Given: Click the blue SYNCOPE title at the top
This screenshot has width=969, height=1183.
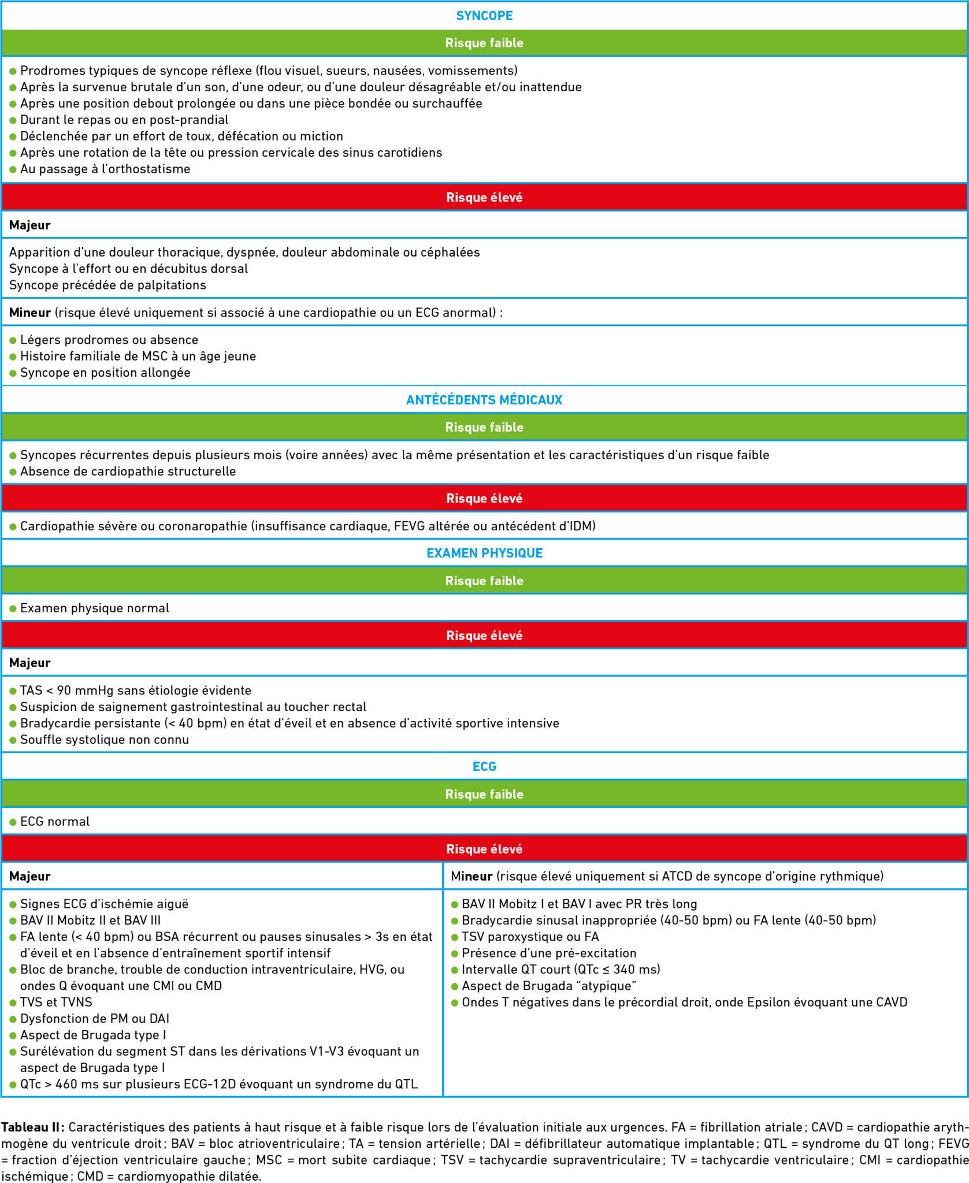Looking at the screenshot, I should (484, 16).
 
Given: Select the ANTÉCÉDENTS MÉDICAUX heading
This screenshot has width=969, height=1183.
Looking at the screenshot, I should (484, 400).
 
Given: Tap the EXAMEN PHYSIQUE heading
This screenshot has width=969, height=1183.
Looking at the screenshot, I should (484, 553).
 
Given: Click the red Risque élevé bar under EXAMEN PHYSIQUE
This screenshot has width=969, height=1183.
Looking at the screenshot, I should (484, 635).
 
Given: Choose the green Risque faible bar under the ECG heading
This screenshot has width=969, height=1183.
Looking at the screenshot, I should (484, 794).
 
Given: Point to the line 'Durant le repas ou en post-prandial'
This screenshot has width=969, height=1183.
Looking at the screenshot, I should (124, 120).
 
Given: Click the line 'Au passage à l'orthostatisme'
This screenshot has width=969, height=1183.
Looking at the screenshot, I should (105, 169).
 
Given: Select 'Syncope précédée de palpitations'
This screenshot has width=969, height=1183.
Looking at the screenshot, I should (107, 285).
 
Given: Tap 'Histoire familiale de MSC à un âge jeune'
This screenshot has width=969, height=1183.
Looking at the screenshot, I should (138, 356).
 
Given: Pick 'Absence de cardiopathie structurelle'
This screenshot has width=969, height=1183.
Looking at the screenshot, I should (128, 471).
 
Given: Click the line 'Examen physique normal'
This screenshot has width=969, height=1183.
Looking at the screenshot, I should (95, 608).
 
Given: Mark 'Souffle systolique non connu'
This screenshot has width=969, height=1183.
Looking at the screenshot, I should (105, 739).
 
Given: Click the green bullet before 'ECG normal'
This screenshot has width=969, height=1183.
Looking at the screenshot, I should (13, 822).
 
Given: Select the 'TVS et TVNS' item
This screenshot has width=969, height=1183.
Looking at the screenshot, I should (56, 1002).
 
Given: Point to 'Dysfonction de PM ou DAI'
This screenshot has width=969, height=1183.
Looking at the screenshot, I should (95, 1018).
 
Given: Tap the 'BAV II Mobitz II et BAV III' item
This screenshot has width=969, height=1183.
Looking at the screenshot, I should (90, 920).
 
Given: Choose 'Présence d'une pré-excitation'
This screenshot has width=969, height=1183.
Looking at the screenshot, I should (549, 953).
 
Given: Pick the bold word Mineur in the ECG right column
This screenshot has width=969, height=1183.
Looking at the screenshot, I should (471, 876).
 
